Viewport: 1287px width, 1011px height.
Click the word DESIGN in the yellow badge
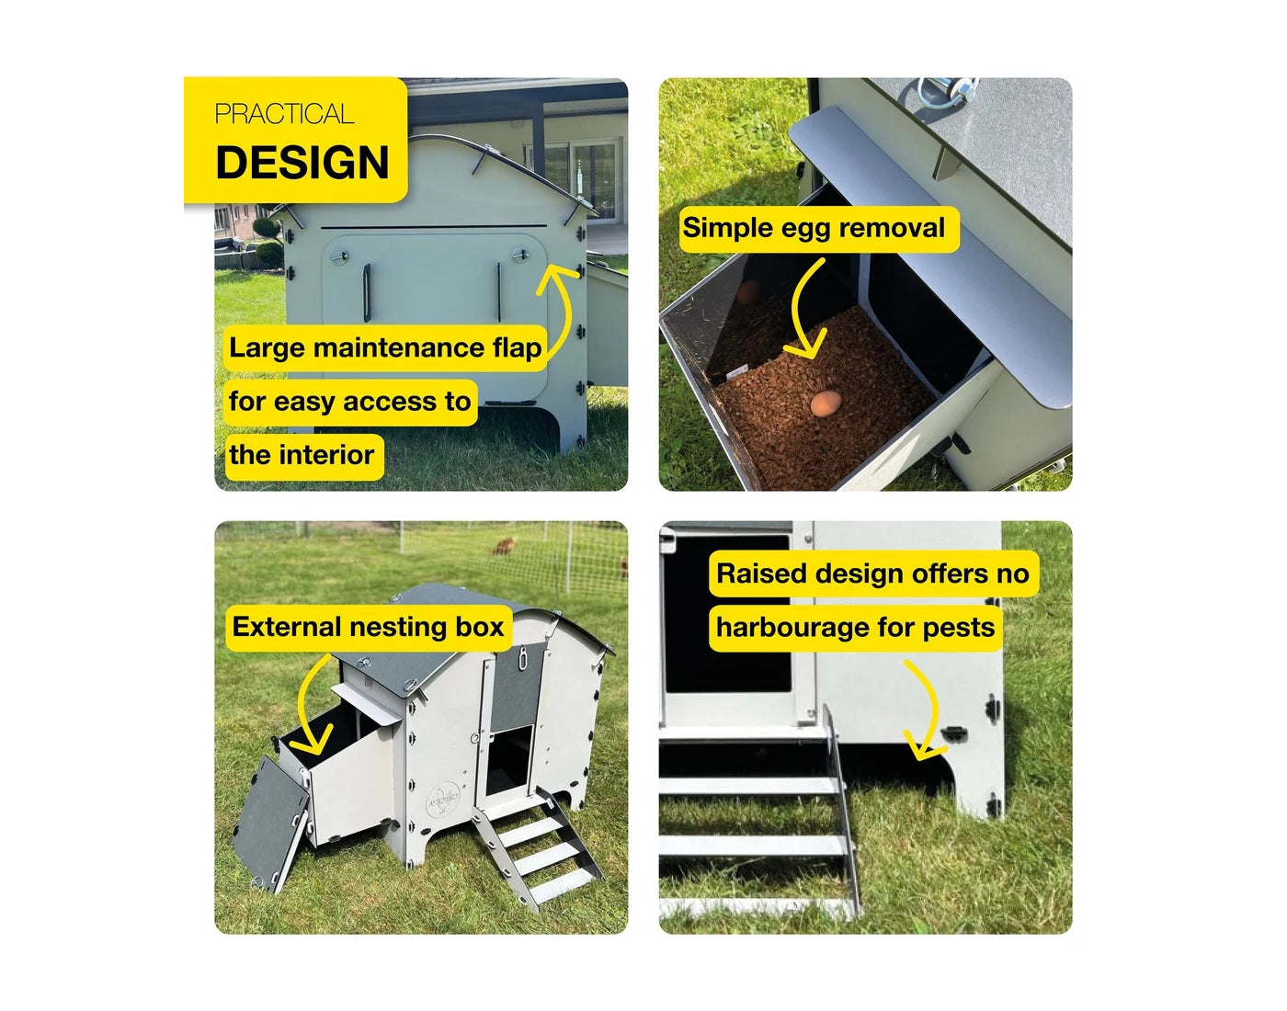(x=302, y=163)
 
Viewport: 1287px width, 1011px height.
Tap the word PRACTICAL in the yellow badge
(x=284, y=114)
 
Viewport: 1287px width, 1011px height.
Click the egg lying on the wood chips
(x=826, y=403)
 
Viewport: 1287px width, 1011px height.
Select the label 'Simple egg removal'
(x=814, y=228)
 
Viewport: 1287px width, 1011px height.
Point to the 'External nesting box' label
(x=368, y=627)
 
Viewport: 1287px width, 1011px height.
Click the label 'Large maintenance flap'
(x=385, y=347)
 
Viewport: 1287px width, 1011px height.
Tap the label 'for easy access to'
(x=349, y=402)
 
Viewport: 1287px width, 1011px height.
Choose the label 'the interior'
(x=302, y=455)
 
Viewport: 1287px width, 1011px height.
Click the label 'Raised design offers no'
(x=872, y=574)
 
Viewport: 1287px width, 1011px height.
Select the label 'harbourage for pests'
(x=855, y=628)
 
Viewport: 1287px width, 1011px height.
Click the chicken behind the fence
(x=503, y=546)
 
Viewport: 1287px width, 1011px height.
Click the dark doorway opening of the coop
(x=509, y=759)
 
